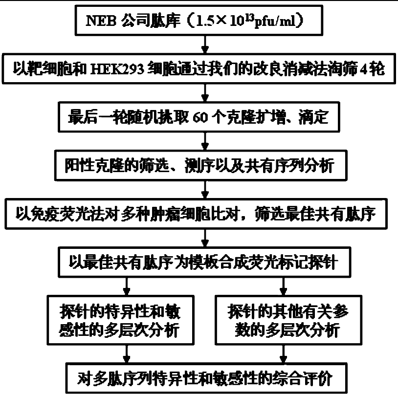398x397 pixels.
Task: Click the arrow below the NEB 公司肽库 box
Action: [x=205, y=46]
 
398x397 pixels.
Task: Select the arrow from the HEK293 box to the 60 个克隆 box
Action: [x=205, y=93]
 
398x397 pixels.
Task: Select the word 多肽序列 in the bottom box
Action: [x=127, y=378]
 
